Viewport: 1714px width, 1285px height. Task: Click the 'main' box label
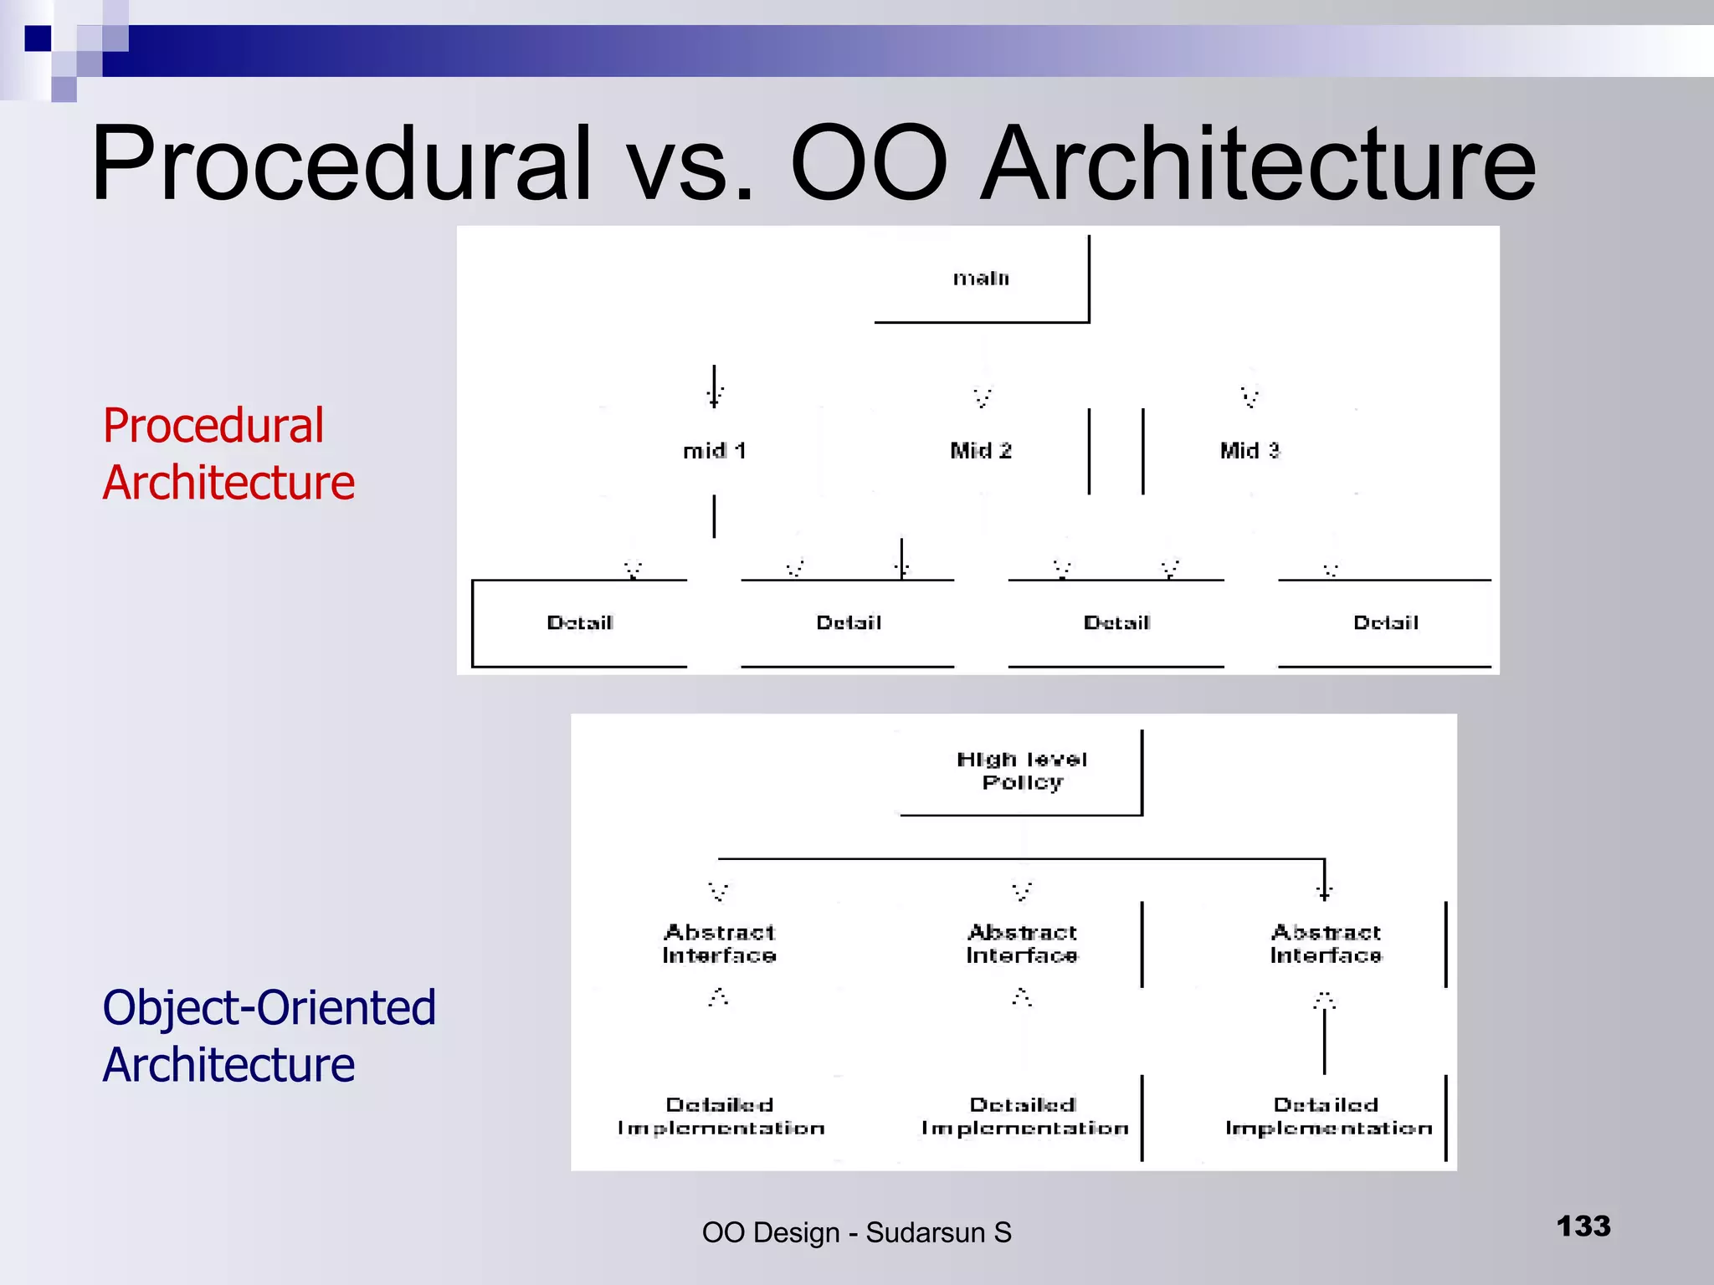[981, 279]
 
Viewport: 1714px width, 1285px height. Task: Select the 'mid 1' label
[714, 451]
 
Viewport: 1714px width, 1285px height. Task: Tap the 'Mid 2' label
[981, 451]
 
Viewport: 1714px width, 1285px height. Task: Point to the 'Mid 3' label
[1250, 451]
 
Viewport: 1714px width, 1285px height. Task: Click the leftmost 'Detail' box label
[579, 623]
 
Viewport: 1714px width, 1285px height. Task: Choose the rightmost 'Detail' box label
[1385, 623]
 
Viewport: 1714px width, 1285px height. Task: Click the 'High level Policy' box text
[1022, 770]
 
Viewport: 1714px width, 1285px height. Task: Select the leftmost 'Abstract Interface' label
[719, 944]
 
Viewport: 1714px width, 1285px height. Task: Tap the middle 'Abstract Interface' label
[1022, 944]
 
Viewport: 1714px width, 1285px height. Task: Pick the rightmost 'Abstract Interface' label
[1326, 944]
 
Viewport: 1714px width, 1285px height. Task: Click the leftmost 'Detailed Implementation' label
[721, 1116]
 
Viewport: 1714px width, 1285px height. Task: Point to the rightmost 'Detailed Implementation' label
[1328, 1116]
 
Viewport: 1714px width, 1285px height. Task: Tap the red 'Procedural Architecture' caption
[228, 453]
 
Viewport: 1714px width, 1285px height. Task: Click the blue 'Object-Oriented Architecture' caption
[268, 1036]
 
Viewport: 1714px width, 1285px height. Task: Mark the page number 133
[1583, 1226]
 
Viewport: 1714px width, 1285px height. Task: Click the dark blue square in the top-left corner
[38, 38]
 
